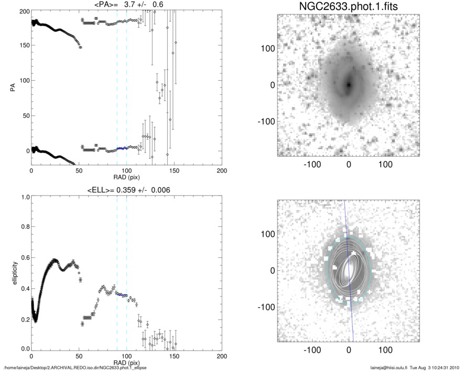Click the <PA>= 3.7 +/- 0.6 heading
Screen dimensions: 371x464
(x=126, y=5)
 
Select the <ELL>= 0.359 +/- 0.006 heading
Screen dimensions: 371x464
(x=126, y=190)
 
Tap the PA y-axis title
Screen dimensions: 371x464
(x=12, y=87)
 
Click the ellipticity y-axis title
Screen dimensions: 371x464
(x=12, y=274)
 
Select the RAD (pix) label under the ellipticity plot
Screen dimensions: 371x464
(x=126, y=363)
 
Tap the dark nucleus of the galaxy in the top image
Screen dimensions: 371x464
(x=348, y=84)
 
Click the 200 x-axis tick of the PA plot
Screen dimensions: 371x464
(x=222, y=171)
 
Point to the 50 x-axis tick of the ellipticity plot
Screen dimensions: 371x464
(x=79, y=356)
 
